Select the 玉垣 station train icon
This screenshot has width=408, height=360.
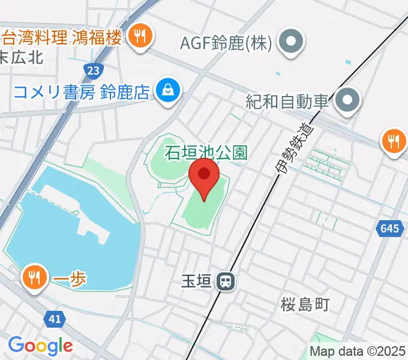[226, 280]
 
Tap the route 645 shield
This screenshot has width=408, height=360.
[389, 228]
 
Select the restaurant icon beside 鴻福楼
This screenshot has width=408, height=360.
[140, 37]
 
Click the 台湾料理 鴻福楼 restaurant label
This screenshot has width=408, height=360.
[62, 37]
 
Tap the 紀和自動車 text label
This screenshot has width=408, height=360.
[287, 101]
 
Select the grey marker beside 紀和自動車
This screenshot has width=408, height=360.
[347, 100]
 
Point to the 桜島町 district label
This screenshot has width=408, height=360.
[305, 304]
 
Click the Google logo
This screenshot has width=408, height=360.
[40, 346]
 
